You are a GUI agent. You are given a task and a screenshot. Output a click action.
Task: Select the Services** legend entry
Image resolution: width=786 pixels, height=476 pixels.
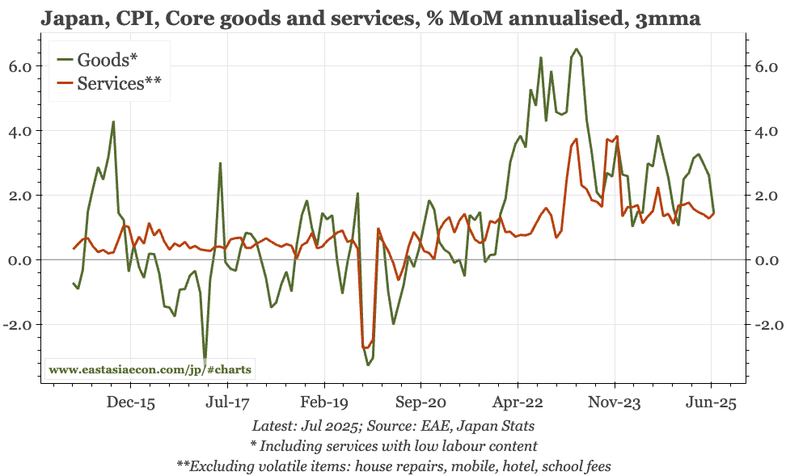[112, 83]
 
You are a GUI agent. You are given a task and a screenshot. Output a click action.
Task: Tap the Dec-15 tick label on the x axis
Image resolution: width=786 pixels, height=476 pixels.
[130, 402]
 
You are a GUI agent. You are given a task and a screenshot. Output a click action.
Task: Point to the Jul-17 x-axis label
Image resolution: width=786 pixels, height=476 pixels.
[226, 402]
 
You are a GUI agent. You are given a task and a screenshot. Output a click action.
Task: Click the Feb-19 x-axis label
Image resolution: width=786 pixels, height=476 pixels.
[323, 402]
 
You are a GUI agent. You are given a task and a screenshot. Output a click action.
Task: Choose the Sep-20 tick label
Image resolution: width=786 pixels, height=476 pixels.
[420, 402]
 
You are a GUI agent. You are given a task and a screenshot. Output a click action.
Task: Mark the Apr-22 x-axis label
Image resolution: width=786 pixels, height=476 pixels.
[518, 402]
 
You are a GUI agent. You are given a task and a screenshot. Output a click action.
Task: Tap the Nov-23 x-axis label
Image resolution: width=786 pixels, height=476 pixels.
[614, 402]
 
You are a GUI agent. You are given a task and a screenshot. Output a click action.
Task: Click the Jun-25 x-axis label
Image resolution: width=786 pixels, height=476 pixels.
[712, 402]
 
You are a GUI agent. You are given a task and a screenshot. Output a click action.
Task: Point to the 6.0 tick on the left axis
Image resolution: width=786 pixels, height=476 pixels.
[18, 66]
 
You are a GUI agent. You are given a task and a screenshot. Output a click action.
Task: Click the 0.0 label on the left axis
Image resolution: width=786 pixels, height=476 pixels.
[18, 260]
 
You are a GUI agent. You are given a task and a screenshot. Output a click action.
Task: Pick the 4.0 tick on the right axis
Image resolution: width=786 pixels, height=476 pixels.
[767, 131]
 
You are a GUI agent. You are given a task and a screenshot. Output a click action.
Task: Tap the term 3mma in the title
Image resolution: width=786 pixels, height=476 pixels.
[675, 16]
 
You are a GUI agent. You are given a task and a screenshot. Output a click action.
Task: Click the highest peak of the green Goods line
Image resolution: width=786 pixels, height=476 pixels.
[576, 49]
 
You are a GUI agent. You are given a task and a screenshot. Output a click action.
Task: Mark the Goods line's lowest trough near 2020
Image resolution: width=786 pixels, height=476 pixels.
[369, 364]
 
